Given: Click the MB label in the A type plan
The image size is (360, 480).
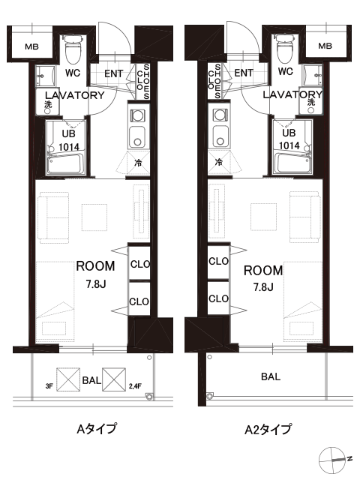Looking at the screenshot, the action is coord(31,46).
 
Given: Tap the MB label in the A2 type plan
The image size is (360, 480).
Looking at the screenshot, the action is coord(325,46).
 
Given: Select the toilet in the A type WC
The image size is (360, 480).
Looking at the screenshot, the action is coord(73,48).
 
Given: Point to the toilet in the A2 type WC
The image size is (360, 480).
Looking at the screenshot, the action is coord(285,48).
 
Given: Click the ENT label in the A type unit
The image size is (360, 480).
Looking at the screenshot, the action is coord(113,73).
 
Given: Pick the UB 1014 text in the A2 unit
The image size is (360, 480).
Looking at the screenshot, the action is coord(289,139).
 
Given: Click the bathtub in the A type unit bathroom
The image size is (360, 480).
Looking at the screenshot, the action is coord(65,164).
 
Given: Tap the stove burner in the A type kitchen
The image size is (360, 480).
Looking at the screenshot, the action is coord(137,115).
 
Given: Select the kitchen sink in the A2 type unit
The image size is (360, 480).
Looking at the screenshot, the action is coord(220,136).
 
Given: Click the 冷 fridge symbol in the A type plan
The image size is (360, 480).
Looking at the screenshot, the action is coord(138,163).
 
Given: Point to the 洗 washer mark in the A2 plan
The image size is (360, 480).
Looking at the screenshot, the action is coord(311,102).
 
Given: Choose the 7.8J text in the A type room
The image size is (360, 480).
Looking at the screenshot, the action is coord(96,284).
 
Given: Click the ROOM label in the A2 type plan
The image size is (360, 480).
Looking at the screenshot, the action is coord(263,271).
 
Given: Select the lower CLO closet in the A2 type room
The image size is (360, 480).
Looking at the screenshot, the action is coord(218,298).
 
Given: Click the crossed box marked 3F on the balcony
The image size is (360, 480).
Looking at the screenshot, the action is coord(68,379).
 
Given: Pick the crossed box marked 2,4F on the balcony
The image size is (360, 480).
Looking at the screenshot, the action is coord(114,379).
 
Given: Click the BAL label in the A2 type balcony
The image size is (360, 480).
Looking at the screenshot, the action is coord(271,376).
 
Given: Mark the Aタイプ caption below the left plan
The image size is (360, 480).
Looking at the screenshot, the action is coord(97,428).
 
